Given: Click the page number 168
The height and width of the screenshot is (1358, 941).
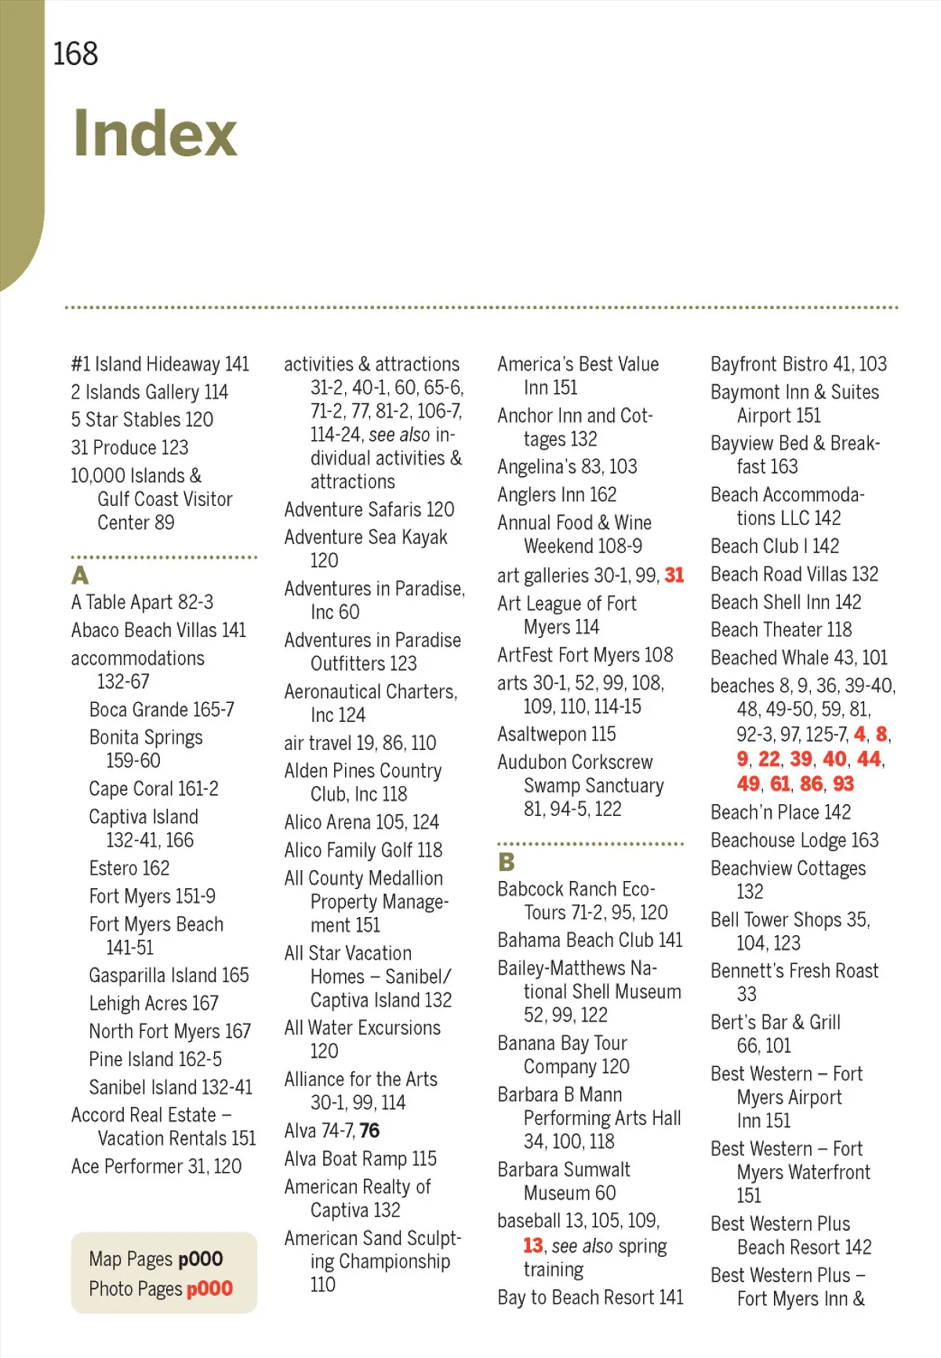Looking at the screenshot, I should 75,54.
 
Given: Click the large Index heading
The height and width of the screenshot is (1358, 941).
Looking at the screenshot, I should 155,133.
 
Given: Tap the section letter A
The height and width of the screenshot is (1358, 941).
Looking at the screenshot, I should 80,575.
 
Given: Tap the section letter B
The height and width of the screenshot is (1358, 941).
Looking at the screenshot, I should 507,862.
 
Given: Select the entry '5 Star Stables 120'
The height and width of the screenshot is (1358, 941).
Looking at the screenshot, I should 142,420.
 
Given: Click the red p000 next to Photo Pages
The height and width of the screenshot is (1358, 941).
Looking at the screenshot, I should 209,1288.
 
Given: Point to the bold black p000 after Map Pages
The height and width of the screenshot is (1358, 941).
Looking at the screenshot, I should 201,1259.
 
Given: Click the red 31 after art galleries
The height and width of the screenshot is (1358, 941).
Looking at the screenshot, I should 674,575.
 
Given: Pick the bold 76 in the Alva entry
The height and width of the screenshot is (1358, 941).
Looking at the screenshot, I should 369,1130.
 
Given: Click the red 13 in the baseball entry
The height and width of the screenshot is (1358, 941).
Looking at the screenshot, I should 533,1246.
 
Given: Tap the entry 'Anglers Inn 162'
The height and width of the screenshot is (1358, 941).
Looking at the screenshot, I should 557,495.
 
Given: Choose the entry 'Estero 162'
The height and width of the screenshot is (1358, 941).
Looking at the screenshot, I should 129,868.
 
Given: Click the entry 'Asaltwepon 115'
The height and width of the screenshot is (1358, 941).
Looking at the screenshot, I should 557,734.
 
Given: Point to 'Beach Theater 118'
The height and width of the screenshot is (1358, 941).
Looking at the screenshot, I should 781,630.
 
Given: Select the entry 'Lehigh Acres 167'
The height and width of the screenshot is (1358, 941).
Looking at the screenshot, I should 154,1003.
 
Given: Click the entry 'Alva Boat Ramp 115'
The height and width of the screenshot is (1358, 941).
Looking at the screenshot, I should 361,1159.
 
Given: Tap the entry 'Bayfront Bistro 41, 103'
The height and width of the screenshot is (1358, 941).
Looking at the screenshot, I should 798,364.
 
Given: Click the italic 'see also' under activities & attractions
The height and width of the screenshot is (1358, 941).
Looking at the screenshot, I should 399,435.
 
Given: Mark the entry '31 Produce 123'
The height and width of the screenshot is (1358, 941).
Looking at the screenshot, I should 129,448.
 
